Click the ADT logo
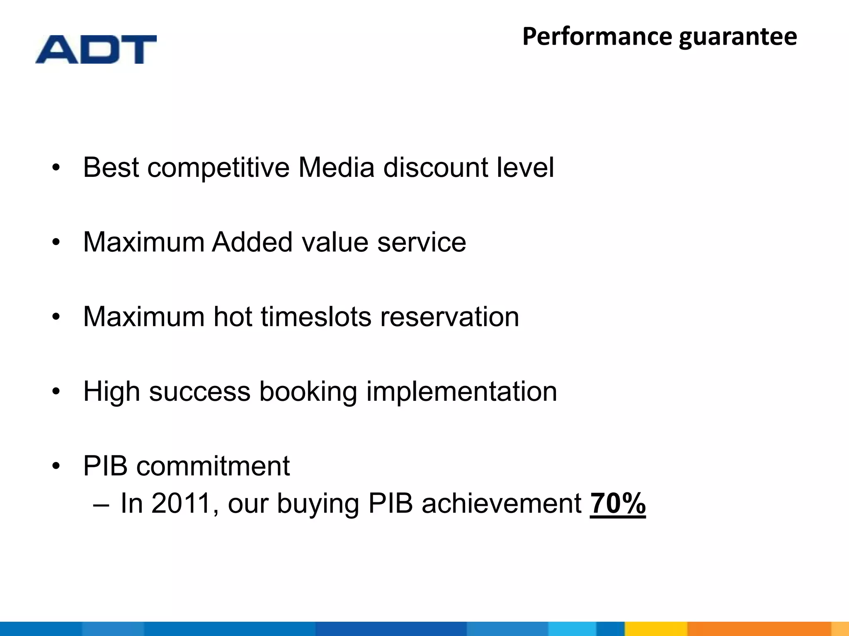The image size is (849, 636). [x=96, y=49]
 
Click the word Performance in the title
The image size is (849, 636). [x=597, y=36]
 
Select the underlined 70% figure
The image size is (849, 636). [x=618, y=503]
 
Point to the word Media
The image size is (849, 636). [x=336, y=168]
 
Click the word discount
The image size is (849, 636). [x=435, y=168]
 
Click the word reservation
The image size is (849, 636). [x=449, y=317]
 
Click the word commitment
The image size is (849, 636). [x=213, y=466]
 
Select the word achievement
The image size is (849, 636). [x=502, y=504]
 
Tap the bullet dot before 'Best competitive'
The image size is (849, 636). [x=56, y=168]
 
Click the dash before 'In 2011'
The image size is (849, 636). [x=102, y=505]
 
